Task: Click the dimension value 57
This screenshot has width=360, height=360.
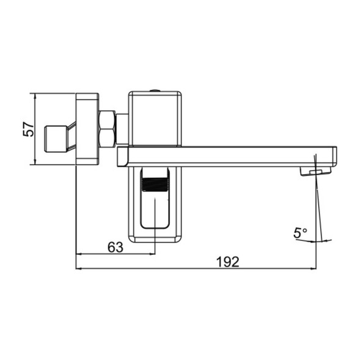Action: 27,129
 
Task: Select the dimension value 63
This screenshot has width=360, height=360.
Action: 115,247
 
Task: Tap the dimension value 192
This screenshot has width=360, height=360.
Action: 227,262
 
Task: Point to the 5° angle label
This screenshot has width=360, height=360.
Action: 300,233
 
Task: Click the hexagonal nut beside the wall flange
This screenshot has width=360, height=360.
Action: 107,128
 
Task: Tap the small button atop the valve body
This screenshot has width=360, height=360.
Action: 155,91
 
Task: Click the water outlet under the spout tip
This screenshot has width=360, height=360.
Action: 310,173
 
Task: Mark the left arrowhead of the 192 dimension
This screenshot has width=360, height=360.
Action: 78,268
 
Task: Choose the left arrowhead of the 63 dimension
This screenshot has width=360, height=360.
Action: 78,254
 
